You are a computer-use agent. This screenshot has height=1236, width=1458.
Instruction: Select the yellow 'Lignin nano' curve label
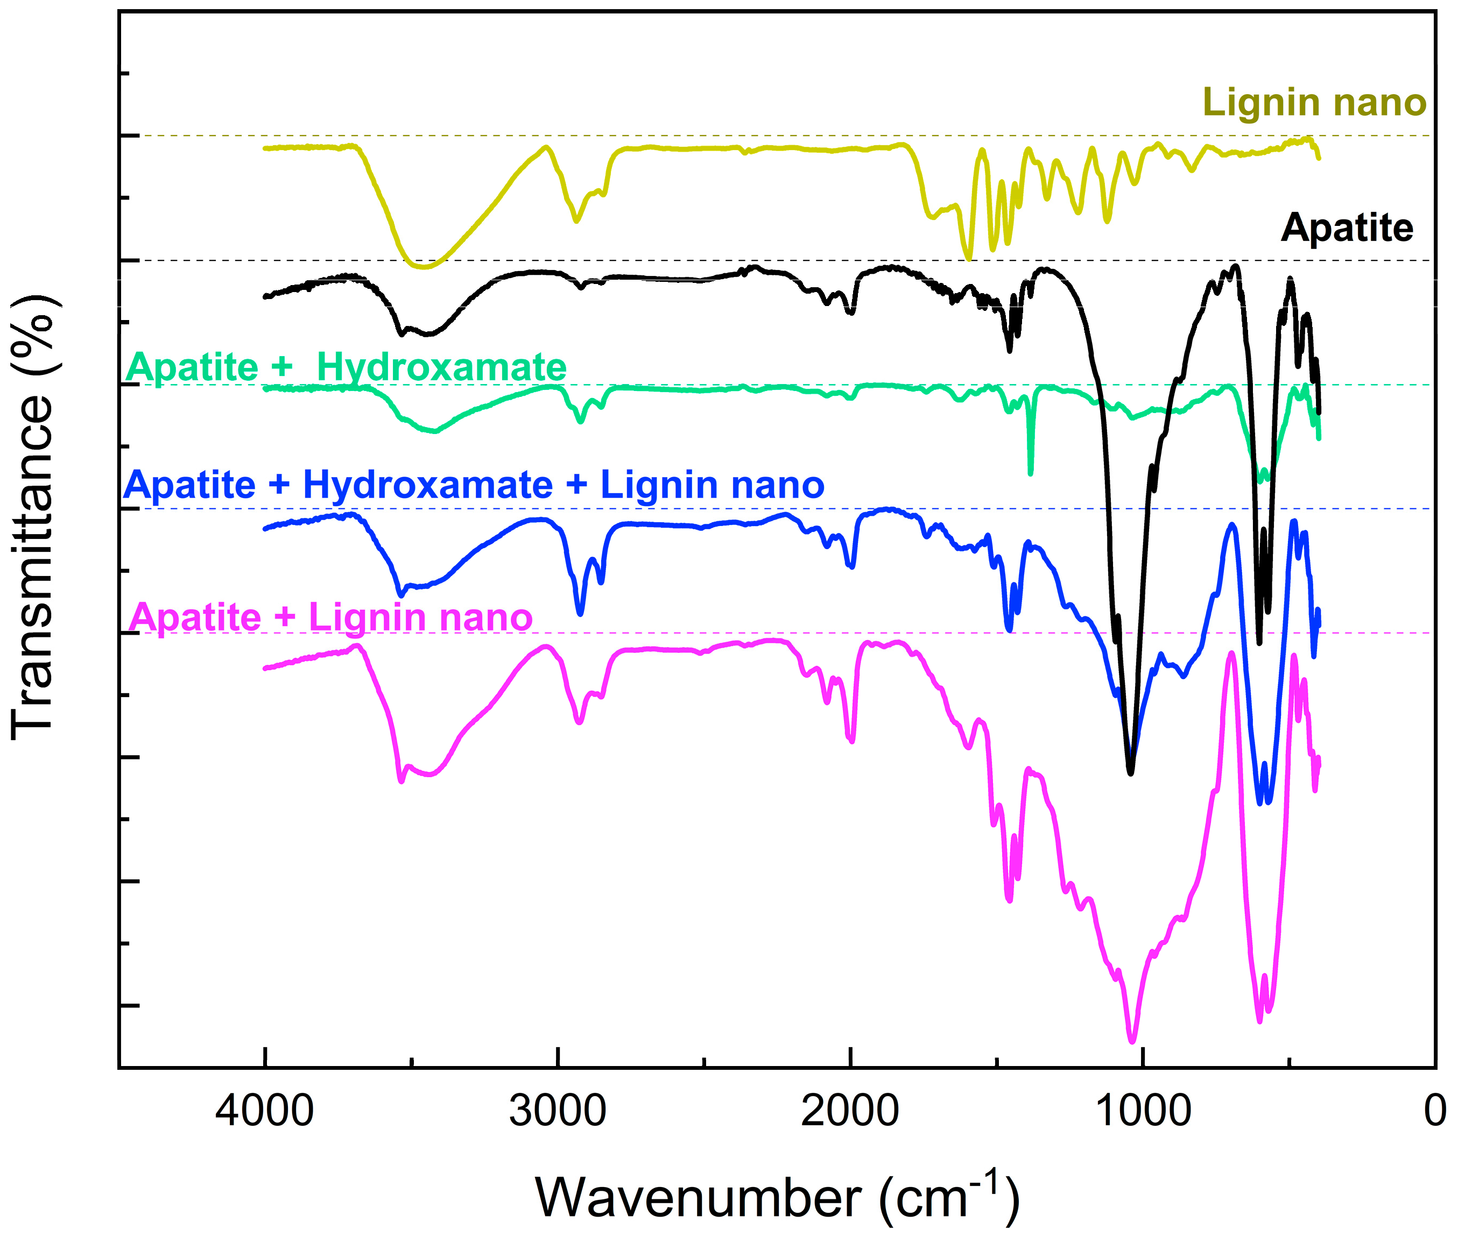click(1314, 103)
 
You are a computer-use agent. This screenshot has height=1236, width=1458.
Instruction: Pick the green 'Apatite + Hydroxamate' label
click(346, 367)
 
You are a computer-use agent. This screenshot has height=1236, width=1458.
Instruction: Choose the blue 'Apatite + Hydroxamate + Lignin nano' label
click(474, 485)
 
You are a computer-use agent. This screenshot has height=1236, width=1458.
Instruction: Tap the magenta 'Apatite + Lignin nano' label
click(331, 617)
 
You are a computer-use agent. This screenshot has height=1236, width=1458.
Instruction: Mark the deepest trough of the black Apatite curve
click(1130, 772)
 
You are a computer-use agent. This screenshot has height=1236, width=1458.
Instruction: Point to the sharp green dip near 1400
click(1030, 472)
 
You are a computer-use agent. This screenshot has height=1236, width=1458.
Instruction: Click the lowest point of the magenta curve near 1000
click(1132, 1042)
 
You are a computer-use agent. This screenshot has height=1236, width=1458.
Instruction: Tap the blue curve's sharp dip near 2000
click(851, 566)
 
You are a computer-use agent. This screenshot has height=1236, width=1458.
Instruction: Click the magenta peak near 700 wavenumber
click(1231, 653)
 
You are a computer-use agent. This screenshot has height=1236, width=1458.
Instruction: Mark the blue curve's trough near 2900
click(580, 614)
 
